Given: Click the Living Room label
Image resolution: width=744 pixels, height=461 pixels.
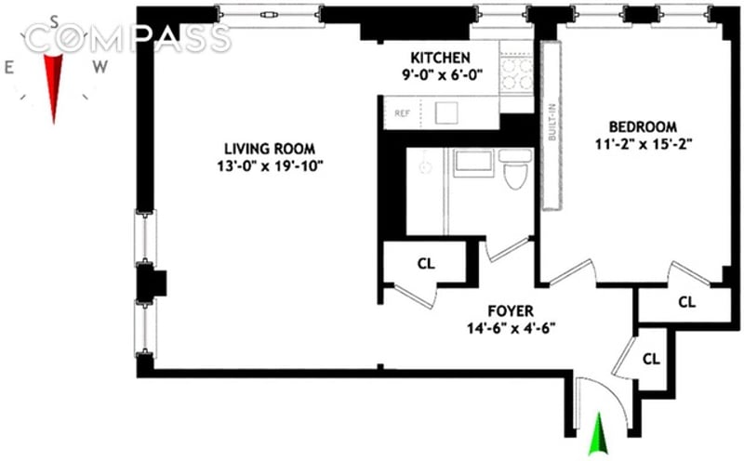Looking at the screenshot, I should point(269,148).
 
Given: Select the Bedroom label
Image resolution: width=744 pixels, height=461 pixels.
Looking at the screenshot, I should point(644,126).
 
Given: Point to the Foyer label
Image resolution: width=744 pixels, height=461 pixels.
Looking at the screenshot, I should point(510,310).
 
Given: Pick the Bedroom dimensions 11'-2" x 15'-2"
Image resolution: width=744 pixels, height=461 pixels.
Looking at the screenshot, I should point(644,144).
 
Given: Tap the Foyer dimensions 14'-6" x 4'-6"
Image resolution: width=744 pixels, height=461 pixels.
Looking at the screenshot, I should point(510,328).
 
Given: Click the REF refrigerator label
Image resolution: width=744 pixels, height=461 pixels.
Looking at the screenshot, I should point(403,113).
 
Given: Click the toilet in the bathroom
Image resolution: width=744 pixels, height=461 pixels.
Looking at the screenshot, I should point(514,172).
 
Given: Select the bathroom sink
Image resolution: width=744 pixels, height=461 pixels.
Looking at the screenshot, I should point(473,162).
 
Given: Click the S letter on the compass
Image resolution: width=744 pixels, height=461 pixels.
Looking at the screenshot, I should point(55,21).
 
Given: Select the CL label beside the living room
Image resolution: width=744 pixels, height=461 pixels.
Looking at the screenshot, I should point(426,263).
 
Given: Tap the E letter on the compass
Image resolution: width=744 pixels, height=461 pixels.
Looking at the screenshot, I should point(9,66).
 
